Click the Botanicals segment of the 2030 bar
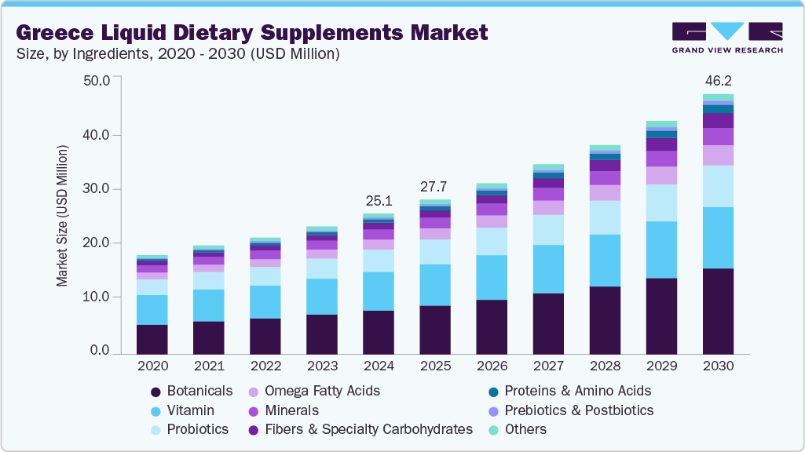(x=718, y=311)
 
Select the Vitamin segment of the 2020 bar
(x=152, y=310)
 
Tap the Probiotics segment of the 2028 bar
(x=605, y=217)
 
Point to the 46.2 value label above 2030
(x=718, y=81)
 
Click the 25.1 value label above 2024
(x=379, y=201)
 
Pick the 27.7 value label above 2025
(x=434, y=187)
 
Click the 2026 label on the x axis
(x=492, y=366)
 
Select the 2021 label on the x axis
(x=208, y=366)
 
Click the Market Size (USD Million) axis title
(x=63, y=216)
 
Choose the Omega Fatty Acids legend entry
(x=322, y=391)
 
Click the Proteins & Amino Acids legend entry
(x=577, y=391)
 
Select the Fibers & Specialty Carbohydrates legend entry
(x=368, y=429)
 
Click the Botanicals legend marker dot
(x=156, y=392)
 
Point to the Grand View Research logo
(x=726, y=38)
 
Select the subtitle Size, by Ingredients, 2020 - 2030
(x=177, y=54)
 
